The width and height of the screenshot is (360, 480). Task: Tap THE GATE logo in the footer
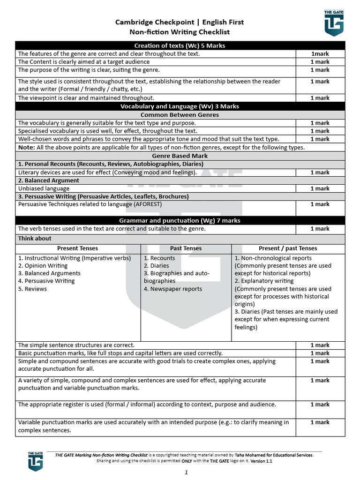(x=35, y=461)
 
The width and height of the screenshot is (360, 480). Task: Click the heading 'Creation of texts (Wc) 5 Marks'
(x=180, y=45)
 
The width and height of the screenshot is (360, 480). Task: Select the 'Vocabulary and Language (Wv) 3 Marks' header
(x=180, y=106)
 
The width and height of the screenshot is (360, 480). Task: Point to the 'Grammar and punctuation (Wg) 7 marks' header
(x=180, y=220)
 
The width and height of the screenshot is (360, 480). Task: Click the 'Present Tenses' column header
(x=78, y=248)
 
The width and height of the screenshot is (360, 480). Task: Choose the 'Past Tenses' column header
(x=186, y=248)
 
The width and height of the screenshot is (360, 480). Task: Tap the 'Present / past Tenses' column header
(x=288, y=248)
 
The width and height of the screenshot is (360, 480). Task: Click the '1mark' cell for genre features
(x=320, y=54)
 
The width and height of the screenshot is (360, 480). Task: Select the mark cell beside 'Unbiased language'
(x=320, y=188)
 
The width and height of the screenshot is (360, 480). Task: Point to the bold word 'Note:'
(x=26, y=147)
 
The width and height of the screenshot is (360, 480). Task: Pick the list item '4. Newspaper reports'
(x=172, y=289)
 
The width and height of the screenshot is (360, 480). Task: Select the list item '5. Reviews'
(x=32, y=289)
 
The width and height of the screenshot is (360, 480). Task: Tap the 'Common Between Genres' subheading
(x=180, y=115)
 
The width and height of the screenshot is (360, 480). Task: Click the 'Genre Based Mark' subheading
(x=180, y=156)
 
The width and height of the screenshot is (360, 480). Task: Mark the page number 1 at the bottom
(x=186, y=472)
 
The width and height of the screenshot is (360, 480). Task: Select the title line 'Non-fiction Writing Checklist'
(x=180, y=32)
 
